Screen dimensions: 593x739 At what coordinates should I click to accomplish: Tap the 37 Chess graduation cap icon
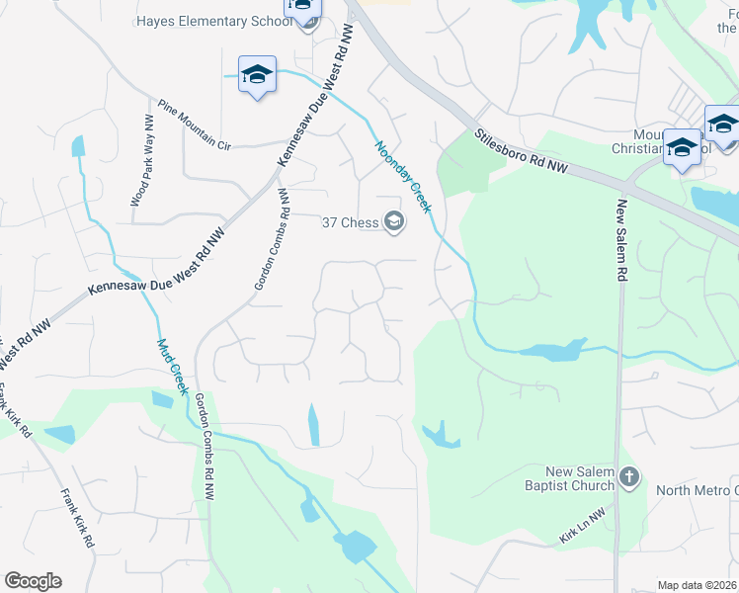[394, 221]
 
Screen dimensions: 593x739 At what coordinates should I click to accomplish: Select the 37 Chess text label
[351, 222]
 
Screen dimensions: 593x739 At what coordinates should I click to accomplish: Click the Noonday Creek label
[403, 177]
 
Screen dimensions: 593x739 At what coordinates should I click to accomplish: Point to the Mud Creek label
[172, 367]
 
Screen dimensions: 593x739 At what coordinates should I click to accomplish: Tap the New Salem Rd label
[622, 242]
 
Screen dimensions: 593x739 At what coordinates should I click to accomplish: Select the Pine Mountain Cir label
[194, 124]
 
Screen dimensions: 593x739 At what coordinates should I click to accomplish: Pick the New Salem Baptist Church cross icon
[629, 479]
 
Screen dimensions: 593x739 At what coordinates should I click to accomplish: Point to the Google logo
[33, 581]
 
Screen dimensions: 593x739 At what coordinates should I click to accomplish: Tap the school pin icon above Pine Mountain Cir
[257, 76]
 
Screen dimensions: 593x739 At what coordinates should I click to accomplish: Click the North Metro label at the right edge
[697, 491]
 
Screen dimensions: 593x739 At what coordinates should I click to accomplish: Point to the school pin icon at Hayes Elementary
[303, 10]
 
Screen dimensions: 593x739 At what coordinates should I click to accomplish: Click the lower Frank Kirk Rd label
[77, 519]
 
